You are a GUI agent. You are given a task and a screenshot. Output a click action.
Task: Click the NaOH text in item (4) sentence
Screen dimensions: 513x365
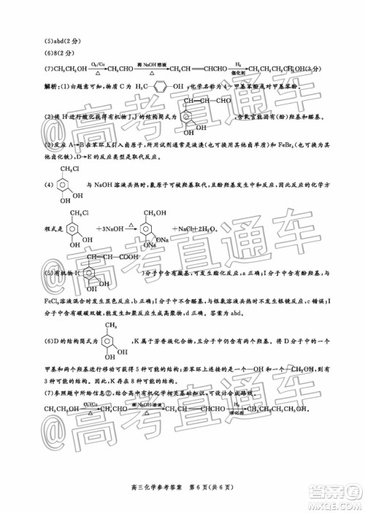click(102, 186)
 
